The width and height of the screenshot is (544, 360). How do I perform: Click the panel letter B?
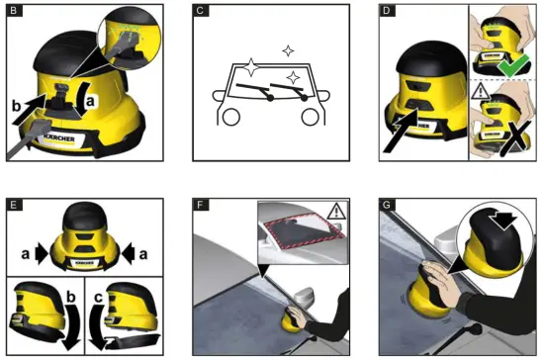coord(12,13)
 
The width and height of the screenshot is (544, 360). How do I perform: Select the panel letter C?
coord(201,13)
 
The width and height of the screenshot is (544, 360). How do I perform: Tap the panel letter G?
coord(389,205)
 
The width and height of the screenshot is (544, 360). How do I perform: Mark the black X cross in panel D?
coord(512,142)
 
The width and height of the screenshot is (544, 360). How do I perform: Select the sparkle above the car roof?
coord(287,48)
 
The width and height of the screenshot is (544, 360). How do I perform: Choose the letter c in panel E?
coord(98,297)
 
